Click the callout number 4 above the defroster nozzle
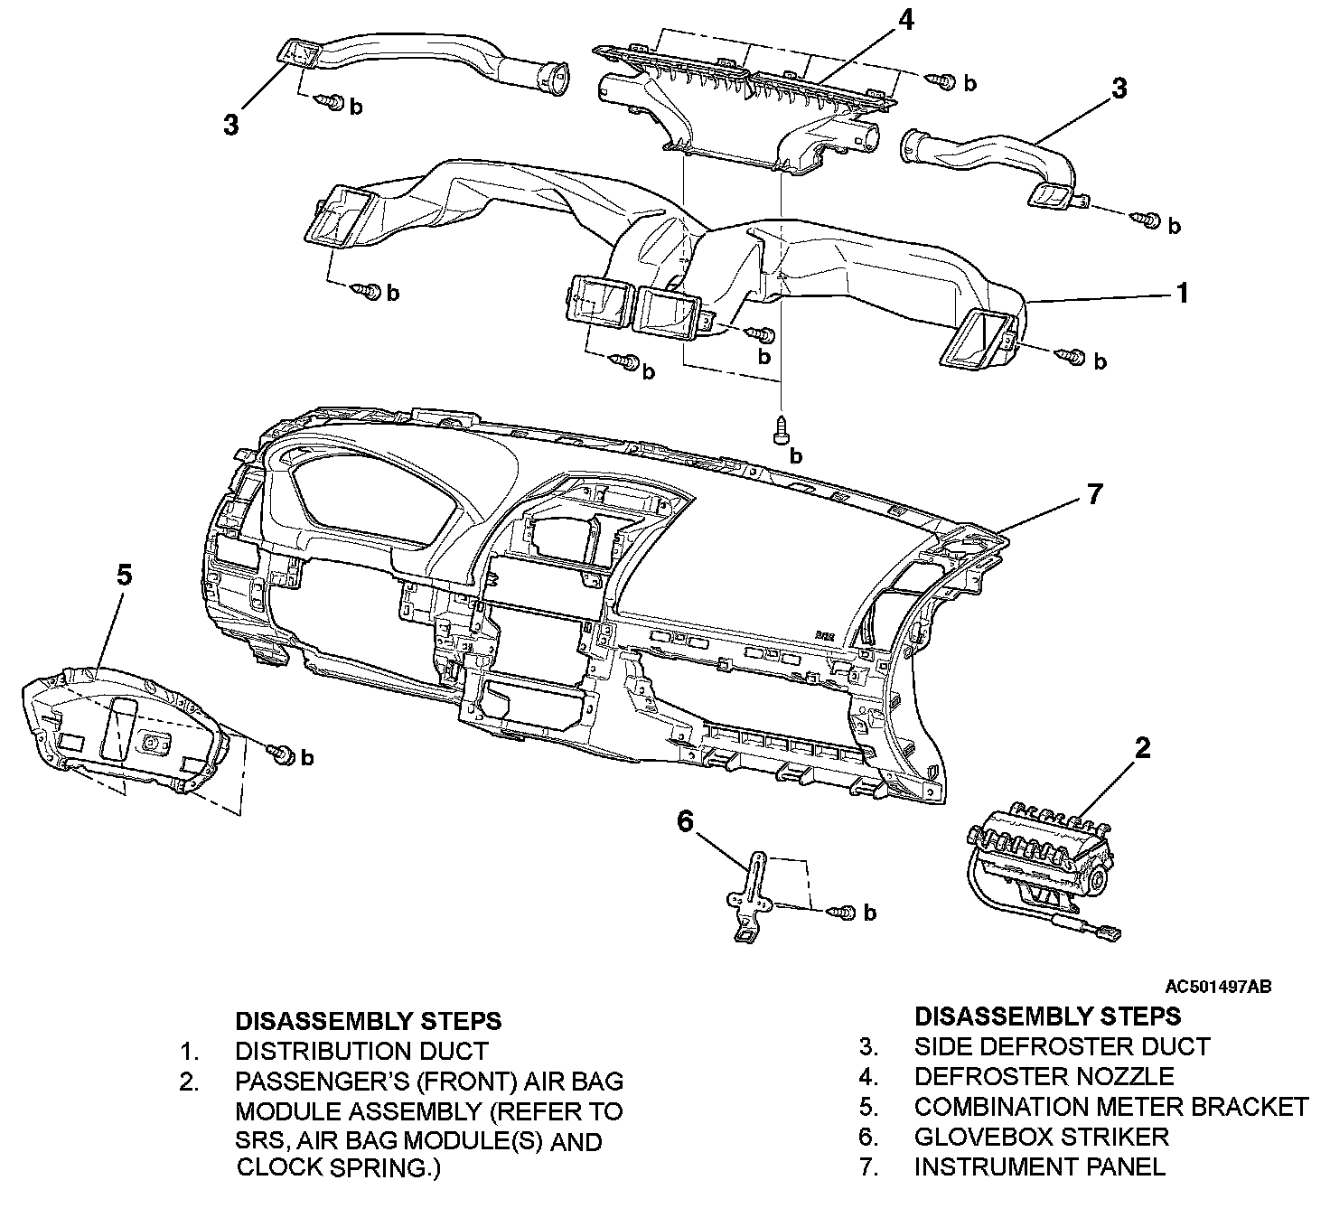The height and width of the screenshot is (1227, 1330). click(x=904, y=20)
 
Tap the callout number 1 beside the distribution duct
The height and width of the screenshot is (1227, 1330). click(x=1181, y=294)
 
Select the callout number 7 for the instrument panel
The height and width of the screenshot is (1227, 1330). click(x=1095, y=495)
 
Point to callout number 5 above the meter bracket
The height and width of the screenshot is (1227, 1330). click(x=125, y=574)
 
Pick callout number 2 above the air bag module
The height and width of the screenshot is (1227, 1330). click(x=1143, y=748)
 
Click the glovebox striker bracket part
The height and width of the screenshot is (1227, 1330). click(x=750, y=899)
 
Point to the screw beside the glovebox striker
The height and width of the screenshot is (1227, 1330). click(x=844, y=913)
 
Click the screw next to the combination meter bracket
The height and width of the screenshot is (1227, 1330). click(x=279, y=752)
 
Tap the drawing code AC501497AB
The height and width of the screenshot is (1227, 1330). click(x=1218, y=987)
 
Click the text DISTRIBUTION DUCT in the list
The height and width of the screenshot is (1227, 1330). click(x=361, y=1052)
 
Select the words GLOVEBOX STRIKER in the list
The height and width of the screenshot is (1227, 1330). click(x=1041, y=1136)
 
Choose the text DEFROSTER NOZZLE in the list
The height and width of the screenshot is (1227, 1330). click(x=1044, y=1076)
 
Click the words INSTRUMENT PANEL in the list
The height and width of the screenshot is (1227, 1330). click(x=1039, y=1166)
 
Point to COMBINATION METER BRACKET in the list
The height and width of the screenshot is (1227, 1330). click(x=1110, y=1106)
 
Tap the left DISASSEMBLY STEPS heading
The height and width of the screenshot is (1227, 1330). click(x=368, y=1021)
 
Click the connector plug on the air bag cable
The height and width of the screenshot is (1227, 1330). click(x=1110, y=932)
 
